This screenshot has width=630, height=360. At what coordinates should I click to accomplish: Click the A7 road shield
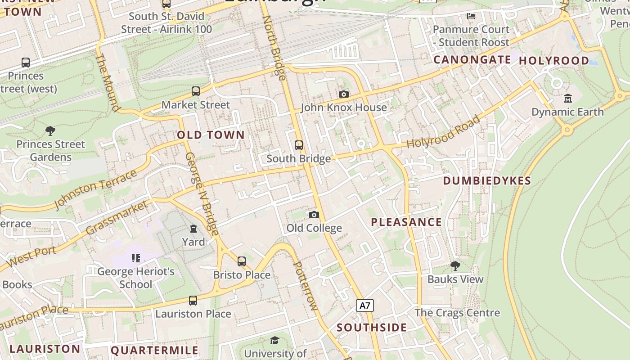click(365, 306)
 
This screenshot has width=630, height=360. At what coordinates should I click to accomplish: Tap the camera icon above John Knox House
click(344, 94)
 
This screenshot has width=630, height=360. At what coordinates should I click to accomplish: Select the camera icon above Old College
click(314, 215)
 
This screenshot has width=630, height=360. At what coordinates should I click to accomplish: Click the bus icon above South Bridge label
click(299, 145)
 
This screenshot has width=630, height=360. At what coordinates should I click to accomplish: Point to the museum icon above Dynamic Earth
click(567, 98)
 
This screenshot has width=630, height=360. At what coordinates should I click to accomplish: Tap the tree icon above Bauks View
click(455, 266)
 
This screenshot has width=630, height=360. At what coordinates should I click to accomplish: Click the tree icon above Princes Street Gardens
click(50, 131)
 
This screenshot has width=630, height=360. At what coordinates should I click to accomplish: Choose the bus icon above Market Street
click(196, 91)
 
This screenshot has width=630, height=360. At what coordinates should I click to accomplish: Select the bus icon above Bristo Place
click(242, 261)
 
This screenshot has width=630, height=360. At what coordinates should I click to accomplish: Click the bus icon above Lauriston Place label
click(193, 300)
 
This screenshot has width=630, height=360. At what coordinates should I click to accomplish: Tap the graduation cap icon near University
click(274, 340)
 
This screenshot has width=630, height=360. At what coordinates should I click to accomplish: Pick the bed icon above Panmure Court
click(471, 16)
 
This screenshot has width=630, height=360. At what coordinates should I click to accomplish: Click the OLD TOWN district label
click(211, 135)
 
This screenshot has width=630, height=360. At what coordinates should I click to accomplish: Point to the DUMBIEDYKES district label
click(487, 180)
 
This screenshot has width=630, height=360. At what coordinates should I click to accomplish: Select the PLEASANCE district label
click(406, 222)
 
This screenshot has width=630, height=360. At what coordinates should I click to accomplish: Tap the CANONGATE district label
click(472, 60)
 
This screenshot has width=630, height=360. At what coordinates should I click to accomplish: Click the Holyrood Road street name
click(444, 132)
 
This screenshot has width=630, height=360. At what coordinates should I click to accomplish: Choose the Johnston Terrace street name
click(95, 189)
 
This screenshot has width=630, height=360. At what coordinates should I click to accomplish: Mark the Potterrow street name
click(306, 286)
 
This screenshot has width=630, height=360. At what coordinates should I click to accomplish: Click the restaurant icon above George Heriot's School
click(136, 258)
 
